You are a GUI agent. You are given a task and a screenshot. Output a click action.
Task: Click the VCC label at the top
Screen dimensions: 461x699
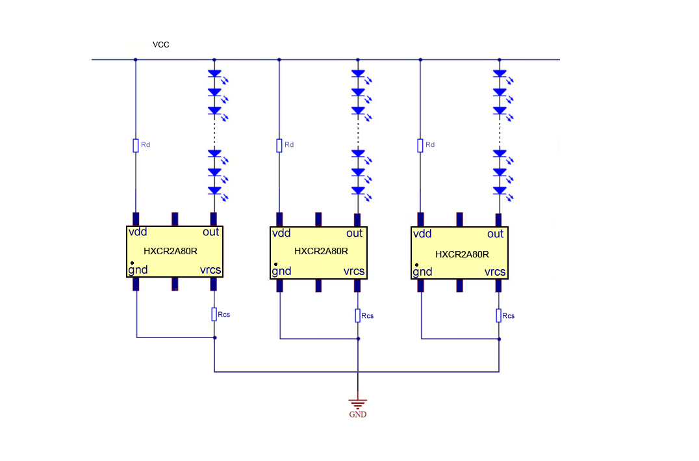point(161,44)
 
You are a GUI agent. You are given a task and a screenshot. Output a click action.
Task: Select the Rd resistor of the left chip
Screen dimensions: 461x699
point(136,145)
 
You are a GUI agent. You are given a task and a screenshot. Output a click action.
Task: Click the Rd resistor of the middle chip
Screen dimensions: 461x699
point(279,145)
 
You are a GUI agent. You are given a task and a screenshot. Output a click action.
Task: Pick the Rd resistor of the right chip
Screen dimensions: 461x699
point(420,145)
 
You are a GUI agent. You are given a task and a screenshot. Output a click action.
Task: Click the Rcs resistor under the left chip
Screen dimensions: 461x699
point(214,314)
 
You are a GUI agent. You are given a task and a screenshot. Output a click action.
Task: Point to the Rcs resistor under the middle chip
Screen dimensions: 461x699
point(357,315)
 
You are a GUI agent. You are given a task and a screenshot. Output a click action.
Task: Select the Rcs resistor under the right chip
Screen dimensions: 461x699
point(499,315)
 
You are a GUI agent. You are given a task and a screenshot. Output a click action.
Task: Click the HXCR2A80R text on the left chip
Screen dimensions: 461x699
point(170,250)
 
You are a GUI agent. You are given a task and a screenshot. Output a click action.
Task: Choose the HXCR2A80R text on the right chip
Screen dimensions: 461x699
point(462,254)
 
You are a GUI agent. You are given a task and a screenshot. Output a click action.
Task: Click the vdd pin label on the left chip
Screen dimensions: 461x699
point(138,232)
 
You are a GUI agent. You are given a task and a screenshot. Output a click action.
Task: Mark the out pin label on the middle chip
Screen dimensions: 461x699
point(354,233)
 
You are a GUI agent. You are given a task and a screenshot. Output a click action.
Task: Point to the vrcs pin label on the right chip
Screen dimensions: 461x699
point(495,272)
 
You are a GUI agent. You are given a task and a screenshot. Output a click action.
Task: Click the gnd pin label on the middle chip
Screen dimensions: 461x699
point(282,271)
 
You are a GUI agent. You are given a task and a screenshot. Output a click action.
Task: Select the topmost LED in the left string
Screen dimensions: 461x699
point(214,75)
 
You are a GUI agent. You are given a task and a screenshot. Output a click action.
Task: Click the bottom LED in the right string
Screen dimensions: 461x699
point(499,191)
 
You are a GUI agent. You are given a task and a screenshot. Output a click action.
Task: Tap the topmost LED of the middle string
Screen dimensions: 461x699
point(357,75)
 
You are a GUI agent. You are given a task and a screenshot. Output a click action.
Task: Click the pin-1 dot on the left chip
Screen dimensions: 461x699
point(131,264)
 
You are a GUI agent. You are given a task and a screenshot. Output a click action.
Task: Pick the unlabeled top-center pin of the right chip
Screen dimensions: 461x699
point(459,219)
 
